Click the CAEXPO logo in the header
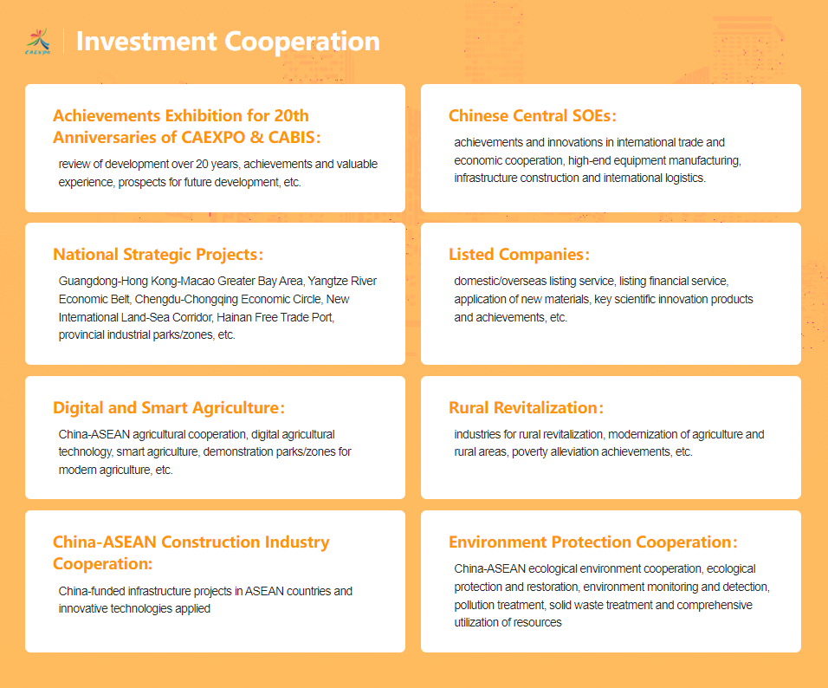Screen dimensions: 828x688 (38, 42)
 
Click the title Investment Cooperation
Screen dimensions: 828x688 (228, 42)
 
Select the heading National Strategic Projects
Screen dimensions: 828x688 (158, 254)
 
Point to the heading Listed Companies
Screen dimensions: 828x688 (519, 254)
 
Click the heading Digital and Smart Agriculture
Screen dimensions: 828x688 (169, 408)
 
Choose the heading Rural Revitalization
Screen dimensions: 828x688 (526, 408)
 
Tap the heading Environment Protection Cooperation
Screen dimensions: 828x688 (593, 542)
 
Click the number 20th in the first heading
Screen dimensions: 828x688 (292, 116)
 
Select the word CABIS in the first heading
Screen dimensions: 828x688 (292, 138)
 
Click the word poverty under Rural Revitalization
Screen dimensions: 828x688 (530, 452)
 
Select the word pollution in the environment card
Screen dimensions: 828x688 (474, 605)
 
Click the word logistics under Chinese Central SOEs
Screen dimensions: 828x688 (683, 178)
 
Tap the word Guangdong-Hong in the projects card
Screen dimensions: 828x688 (104, 281)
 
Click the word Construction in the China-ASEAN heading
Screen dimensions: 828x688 (210, 542)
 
